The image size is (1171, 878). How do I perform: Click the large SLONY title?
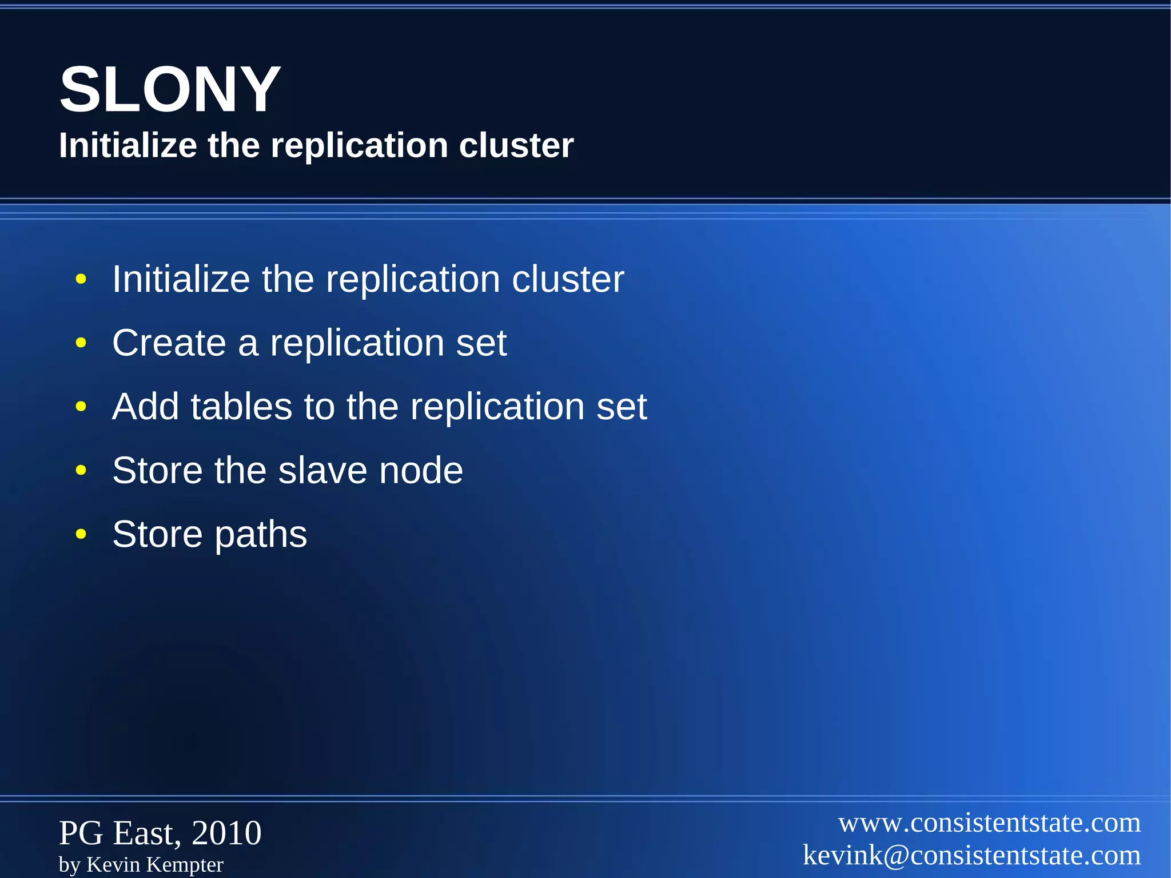[x=170, y=90]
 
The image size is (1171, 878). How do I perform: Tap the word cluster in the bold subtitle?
[x=516, y=145]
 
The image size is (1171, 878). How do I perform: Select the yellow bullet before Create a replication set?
[x=81, y=343]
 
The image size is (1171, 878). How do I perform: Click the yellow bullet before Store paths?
[x=81, y=534]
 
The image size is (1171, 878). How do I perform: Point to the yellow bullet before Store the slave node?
[x=81, y=471]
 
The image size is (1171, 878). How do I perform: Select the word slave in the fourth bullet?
[x=322, y=471]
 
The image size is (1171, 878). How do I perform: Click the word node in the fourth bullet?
[x=421, y=471]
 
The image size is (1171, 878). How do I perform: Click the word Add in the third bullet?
[x=145, y=407]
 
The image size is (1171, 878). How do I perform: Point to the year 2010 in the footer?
[x=226, y=833]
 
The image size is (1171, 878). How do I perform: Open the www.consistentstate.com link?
[x=989, y=823]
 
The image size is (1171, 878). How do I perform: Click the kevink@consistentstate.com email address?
[x=971, y=856]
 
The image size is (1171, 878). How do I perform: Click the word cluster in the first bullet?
[x=567, y=279]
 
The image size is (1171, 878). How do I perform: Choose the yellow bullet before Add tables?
[x=81, y=407]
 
